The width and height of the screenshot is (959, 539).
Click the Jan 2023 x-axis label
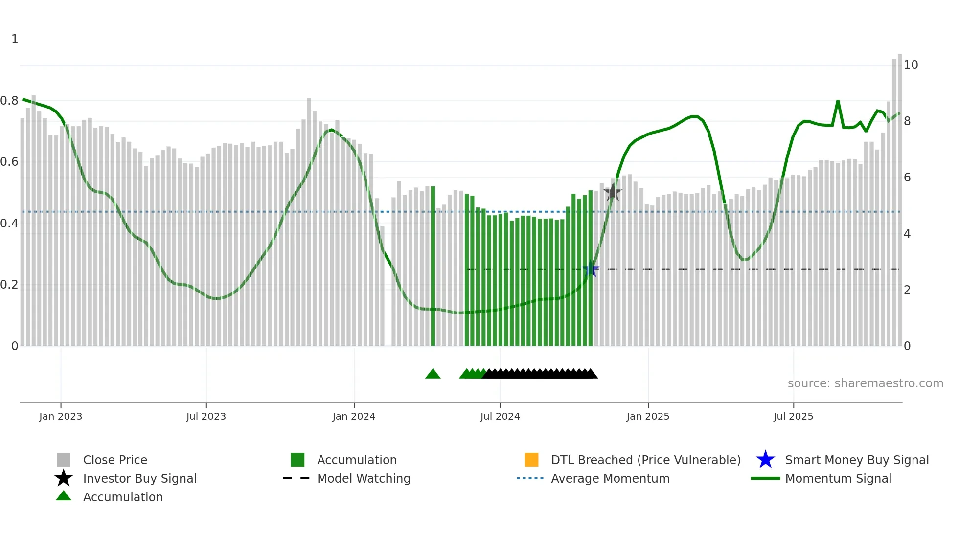61,417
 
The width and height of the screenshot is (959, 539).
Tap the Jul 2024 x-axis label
500,417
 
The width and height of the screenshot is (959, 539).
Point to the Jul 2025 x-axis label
793,417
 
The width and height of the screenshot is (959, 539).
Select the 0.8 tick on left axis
9,101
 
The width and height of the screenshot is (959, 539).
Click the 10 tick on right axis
911,65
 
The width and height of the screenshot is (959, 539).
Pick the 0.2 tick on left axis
9,285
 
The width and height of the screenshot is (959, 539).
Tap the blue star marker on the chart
591,269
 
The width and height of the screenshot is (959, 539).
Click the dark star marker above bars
613,193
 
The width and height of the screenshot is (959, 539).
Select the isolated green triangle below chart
433,374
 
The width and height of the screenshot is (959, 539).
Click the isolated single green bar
433,267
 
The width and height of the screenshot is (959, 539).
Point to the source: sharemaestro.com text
865,383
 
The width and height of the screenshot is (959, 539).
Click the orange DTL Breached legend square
531,460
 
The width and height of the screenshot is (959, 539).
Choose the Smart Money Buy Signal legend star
765,460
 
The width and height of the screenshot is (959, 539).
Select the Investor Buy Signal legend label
140,478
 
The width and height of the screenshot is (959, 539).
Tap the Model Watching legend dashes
297,478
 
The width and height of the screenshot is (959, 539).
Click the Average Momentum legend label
610,478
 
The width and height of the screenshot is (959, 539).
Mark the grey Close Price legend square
64,460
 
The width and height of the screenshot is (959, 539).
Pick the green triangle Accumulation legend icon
64,496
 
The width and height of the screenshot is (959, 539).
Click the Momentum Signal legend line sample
765,478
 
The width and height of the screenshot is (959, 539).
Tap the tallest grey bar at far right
900,201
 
